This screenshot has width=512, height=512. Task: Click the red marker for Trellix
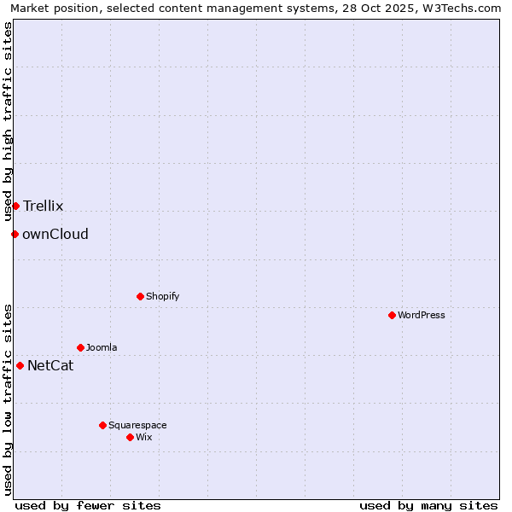click(15, 206)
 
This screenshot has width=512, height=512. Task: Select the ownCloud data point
click(15, 234)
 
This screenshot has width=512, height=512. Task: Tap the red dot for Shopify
click(140, 296)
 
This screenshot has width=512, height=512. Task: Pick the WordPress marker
click(392, 315)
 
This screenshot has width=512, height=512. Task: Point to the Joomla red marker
click(80, 347)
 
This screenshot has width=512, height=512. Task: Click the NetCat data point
click(20, 365)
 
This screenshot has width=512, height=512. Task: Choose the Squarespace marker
click(102, 425)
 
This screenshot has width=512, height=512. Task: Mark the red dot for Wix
click(130, 437)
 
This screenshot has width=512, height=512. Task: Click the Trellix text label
click(44, 206)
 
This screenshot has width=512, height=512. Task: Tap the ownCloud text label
click(55, 234)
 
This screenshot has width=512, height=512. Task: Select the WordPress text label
click(422, 315)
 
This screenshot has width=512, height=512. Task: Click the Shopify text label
click(163, 296)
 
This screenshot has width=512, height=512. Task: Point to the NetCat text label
click(50, 366)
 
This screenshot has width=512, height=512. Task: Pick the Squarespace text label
click(137, 425)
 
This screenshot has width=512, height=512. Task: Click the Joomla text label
click(102, 347)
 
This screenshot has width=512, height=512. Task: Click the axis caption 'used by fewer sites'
click(88, 505)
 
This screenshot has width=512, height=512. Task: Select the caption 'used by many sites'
click(428, 505)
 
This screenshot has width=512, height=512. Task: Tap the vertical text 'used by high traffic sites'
click(9, 122)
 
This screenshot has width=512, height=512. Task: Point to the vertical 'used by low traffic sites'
click(9, 399)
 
